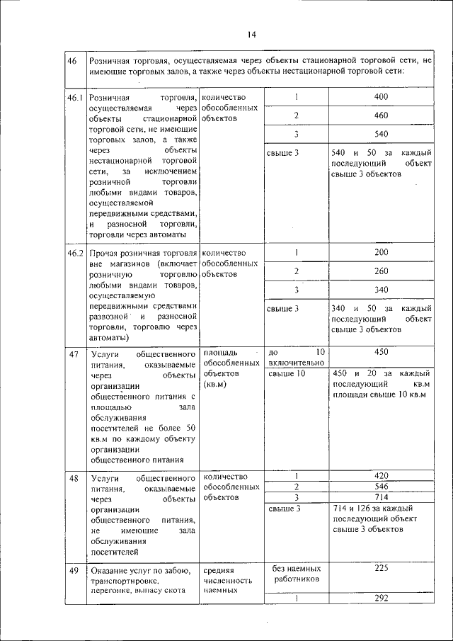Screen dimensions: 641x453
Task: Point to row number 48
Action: click(74, 478)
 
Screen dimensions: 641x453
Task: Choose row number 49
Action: click(74, 571)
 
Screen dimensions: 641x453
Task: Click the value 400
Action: click(382, 97)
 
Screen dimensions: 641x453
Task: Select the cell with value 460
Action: click(382, 115)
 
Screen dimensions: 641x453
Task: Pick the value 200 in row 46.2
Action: click(382, 252)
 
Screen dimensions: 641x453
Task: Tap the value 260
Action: click(382, 271)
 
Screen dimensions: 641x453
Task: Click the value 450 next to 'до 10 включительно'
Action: click(382, 352)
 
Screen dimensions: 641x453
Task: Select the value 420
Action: click(382, 476)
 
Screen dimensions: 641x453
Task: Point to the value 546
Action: click(382, 487)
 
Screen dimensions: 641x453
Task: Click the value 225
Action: click(382, 568)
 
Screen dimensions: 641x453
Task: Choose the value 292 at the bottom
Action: click(382, 598)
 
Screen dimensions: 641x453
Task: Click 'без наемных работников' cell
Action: click(297, 573)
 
